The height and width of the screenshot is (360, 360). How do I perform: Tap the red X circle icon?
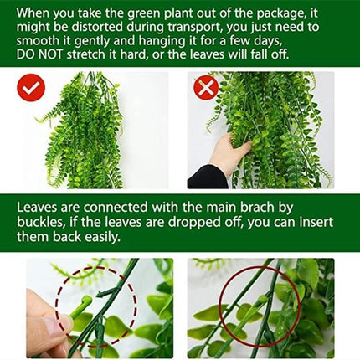[206, 86]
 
